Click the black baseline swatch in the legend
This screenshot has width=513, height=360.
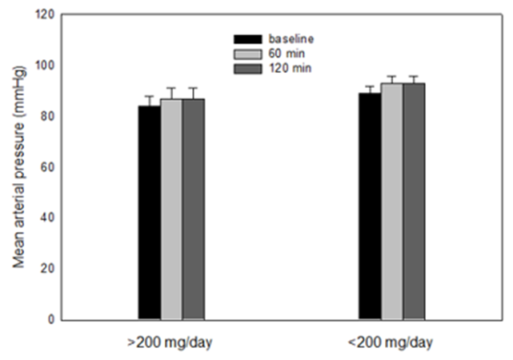[x=246, y=38]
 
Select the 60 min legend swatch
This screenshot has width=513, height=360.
[x=246, y=53]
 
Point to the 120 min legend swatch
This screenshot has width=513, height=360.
[x=246, y=68]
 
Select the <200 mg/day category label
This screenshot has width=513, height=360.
[x=391, y=343]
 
